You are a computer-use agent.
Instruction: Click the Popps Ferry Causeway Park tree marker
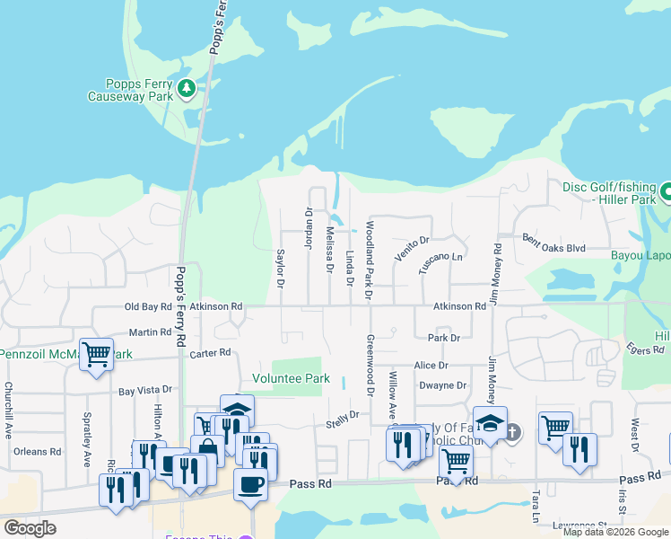(x=187, y=88)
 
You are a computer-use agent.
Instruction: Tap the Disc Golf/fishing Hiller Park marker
(x=666, y=191)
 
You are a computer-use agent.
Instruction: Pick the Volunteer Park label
(x=291, y=379)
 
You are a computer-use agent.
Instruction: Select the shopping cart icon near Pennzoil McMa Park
(x=95, y=352)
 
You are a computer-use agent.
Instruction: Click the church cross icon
(x=511, y=432)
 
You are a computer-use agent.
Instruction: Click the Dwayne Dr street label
(x=443, y=385)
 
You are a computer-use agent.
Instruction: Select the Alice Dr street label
(x=431, y=366)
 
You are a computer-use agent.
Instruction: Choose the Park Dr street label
(x=443, y=338)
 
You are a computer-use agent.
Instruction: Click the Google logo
(x=30, y=527)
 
